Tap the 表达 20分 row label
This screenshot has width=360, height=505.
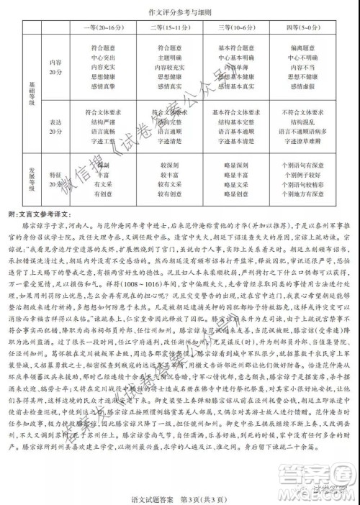[x=55, y=127]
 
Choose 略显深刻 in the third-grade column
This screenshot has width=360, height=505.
[x=233, y=165]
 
